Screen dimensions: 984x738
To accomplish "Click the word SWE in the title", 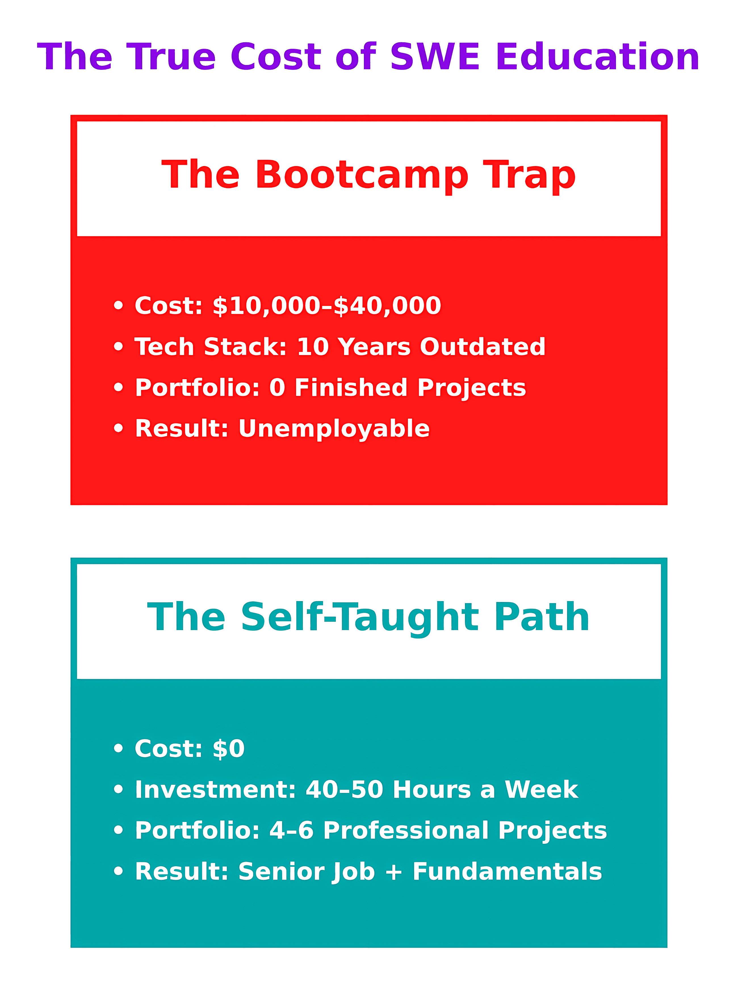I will click(x=435, y=57).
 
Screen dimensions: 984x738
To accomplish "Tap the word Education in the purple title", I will click(x=597, y=57).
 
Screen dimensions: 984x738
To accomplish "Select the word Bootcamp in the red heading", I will click(x=362, y=175).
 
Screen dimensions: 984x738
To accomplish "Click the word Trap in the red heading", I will click(x=529, y=175).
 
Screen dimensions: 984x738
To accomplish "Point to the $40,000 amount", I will click(x=387, y=306).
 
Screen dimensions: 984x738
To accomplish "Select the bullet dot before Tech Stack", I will click(x=118, y=347).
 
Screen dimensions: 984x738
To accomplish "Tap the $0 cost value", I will click(x=229, y=749).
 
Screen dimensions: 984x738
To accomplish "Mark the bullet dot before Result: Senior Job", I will click(x=118, y=871).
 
